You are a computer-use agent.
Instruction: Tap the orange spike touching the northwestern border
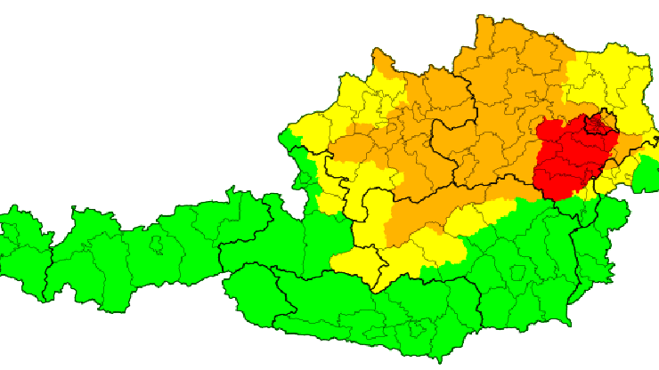[383, 62]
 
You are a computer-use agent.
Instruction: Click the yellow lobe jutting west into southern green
[356, 263]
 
